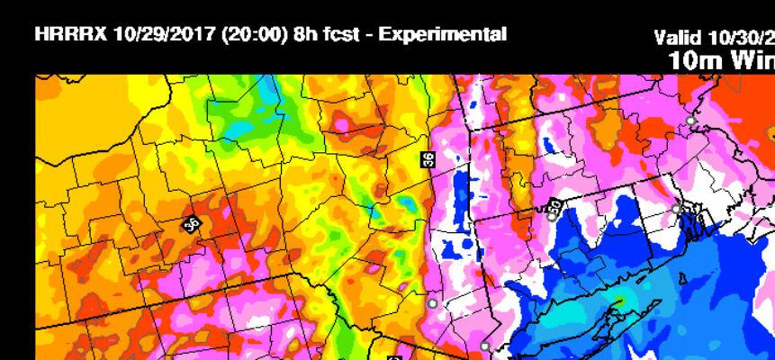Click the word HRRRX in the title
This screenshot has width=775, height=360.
click(71, 35)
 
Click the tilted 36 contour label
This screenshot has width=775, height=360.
click(191, 224)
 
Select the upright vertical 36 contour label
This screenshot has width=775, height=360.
click(428, 159)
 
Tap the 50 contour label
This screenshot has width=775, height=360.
click(555, 206)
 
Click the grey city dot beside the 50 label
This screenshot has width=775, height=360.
click(551, 216)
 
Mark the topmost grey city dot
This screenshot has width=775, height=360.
click(690, 121)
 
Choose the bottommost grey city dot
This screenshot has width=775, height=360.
click(485, 346)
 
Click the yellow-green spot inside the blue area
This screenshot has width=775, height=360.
click(619, 302)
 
